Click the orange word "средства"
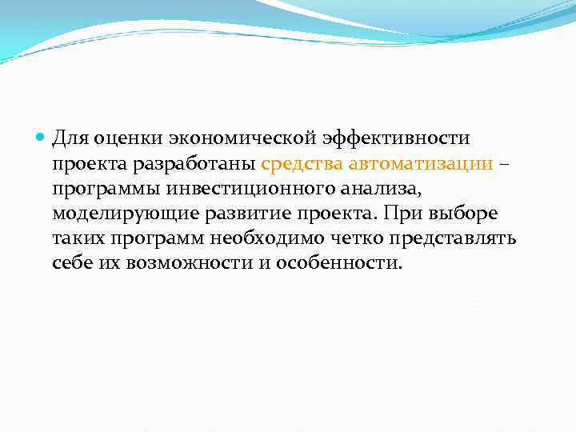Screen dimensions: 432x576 point(301,165)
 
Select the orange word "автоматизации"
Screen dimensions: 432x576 point(420,165)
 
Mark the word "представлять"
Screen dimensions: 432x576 point(446,239)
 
